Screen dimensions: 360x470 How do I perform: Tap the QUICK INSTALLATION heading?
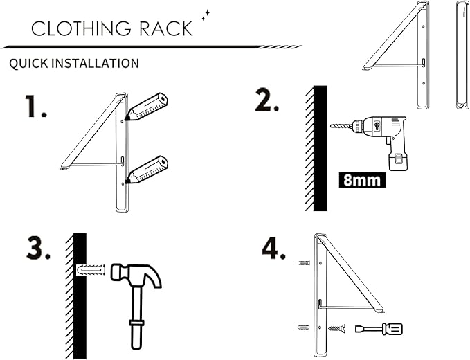click(74, 63)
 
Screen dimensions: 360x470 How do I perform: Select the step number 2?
click(266, 102)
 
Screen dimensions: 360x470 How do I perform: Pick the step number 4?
click(274, 249)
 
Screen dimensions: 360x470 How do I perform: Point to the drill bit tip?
click(333, 126)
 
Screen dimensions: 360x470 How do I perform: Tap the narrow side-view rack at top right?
click(459, 55)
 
